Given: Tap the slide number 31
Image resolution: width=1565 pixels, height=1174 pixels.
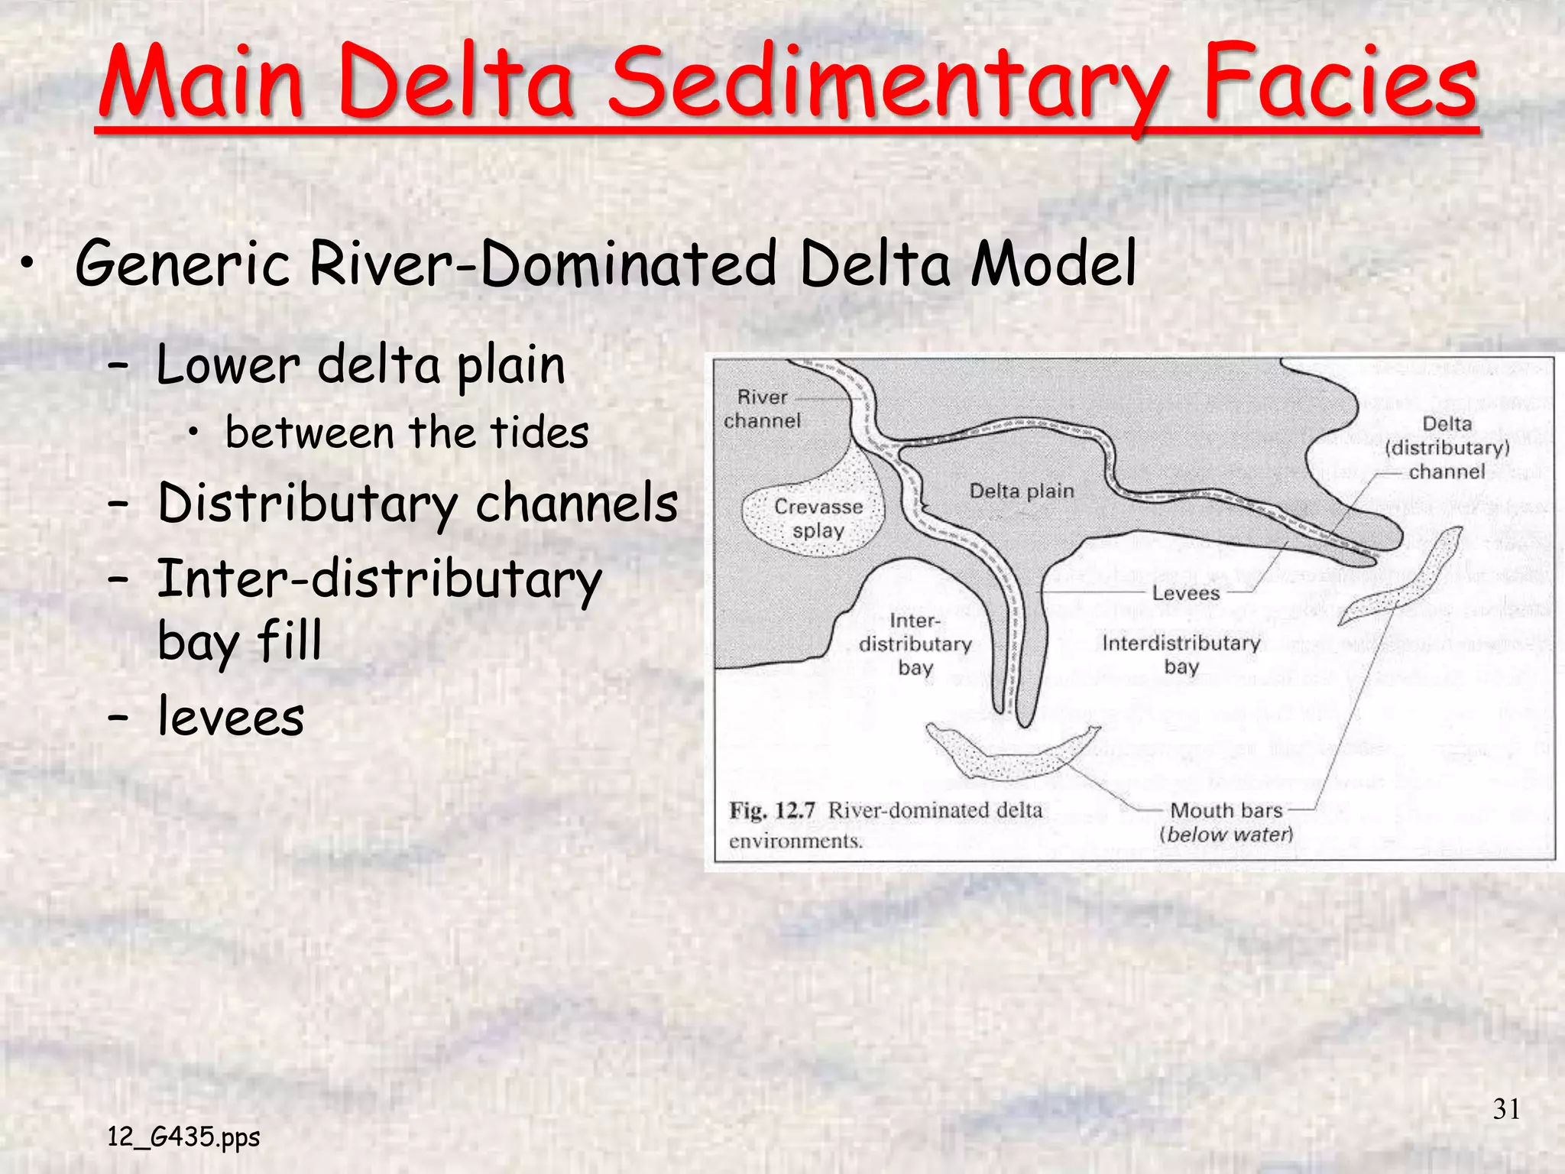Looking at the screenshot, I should coord(1506,1109).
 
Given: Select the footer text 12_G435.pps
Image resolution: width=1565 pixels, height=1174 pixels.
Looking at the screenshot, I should coord(183,1137).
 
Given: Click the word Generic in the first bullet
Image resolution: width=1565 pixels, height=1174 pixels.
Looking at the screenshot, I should coord(182,264).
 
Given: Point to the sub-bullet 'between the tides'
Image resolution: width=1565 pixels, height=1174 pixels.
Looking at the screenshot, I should coord(407,433).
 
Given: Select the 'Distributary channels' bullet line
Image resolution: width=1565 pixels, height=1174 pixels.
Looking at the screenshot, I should coord(417,504).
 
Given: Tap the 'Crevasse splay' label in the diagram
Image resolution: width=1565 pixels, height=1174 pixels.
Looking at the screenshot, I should coord(818,518).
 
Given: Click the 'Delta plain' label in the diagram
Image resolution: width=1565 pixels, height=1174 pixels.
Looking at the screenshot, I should coord(1022,491).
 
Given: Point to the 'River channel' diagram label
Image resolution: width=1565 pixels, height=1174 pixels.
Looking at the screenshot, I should coord(762,409).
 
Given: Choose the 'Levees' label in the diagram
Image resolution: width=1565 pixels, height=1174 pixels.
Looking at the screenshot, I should coord(1185,593).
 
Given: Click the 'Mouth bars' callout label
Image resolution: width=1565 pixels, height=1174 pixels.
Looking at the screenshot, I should coord(1226,810).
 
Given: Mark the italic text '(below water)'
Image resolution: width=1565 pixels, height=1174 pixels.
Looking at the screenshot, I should coord(1226,834).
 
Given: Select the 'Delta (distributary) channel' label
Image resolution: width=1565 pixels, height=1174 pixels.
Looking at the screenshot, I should coord(1447,448).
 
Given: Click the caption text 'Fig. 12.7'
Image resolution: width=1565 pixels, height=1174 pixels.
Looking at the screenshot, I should coord(773,810).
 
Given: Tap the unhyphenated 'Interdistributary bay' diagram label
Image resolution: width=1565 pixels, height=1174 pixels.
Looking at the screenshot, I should coord(1181,654).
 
